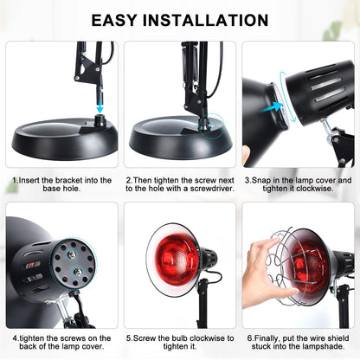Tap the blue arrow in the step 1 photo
point(100,101)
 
